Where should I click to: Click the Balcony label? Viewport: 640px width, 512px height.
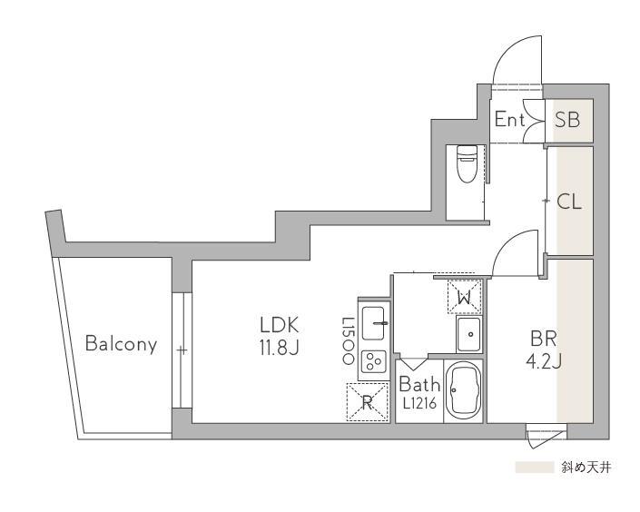(x=122, y=344)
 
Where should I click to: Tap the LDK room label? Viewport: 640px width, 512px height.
(x=280, y=325)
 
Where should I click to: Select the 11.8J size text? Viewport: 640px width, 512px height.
(x=280, y=348)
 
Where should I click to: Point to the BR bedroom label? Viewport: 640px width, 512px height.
(x=544, y=339)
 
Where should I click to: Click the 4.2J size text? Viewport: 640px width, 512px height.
(x=544, y=361)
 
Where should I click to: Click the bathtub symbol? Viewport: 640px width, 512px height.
(x=463, y=390)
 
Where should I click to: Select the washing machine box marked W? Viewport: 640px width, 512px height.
(x=465, y=297)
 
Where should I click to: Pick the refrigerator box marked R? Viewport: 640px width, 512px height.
(x=367, y=402)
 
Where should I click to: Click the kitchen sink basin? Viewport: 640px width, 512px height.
(x=373, y=323)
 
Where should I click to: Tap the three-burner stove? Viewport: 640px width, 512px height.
(x=373, y=361)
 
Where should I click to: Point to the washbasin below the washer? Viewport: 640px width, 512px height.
(x=469, y=334)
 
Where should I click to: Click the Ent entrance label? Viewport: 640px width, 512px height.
(x=509, y=120)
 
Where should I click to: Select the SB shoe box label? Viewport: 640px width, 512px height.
(x=567, y=120)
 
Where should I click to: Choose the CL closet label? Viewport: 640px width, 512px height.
(x=569, y=202)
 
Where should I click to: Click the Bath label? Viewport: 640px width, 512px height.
(x=419, y=384)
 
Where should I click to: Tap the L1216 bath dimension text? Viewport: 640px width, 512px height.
(x=419, y=404)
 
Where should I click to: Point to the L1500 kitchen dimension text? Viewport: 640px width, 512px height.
(x=349, y=341)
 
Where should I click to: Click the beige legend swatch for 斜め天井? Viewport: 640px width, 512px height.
(x=535, y=468)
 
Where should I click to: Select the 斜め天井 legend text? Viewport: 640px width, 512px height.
(x=586, y=468)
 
